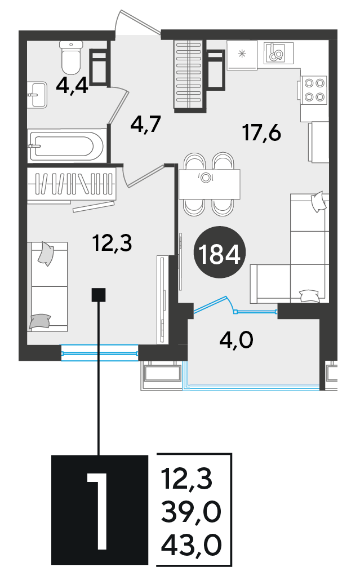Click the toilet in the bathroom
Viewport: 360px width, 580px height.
click(72, 57)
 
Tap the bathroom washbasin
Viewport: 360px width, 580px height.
click(37, 95)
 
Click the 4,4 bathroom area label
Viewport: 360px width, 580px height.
click(72, 86)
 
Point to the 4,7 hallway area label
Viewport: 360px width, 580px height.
click(145, 124)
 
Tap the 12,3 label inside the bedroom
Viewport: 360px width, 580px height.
click(112, 243)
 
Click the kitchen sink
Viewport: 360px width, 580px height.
click(278, 53)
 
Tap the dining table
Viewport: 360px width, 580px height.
click(209, 184)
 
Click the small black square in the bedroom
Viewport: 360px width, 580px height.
click(99, 295)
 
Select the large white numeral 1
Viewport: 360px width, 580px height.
click(98, 510)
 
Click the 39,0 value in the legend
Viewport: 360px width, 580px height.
click(191, 512)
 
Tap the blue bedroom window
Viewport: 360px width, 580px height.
click(99, 353)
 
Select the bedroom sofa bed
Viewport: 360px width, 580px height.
click(47, 287)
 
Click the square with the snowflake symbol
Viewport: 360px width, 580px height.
click(242, 54)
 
